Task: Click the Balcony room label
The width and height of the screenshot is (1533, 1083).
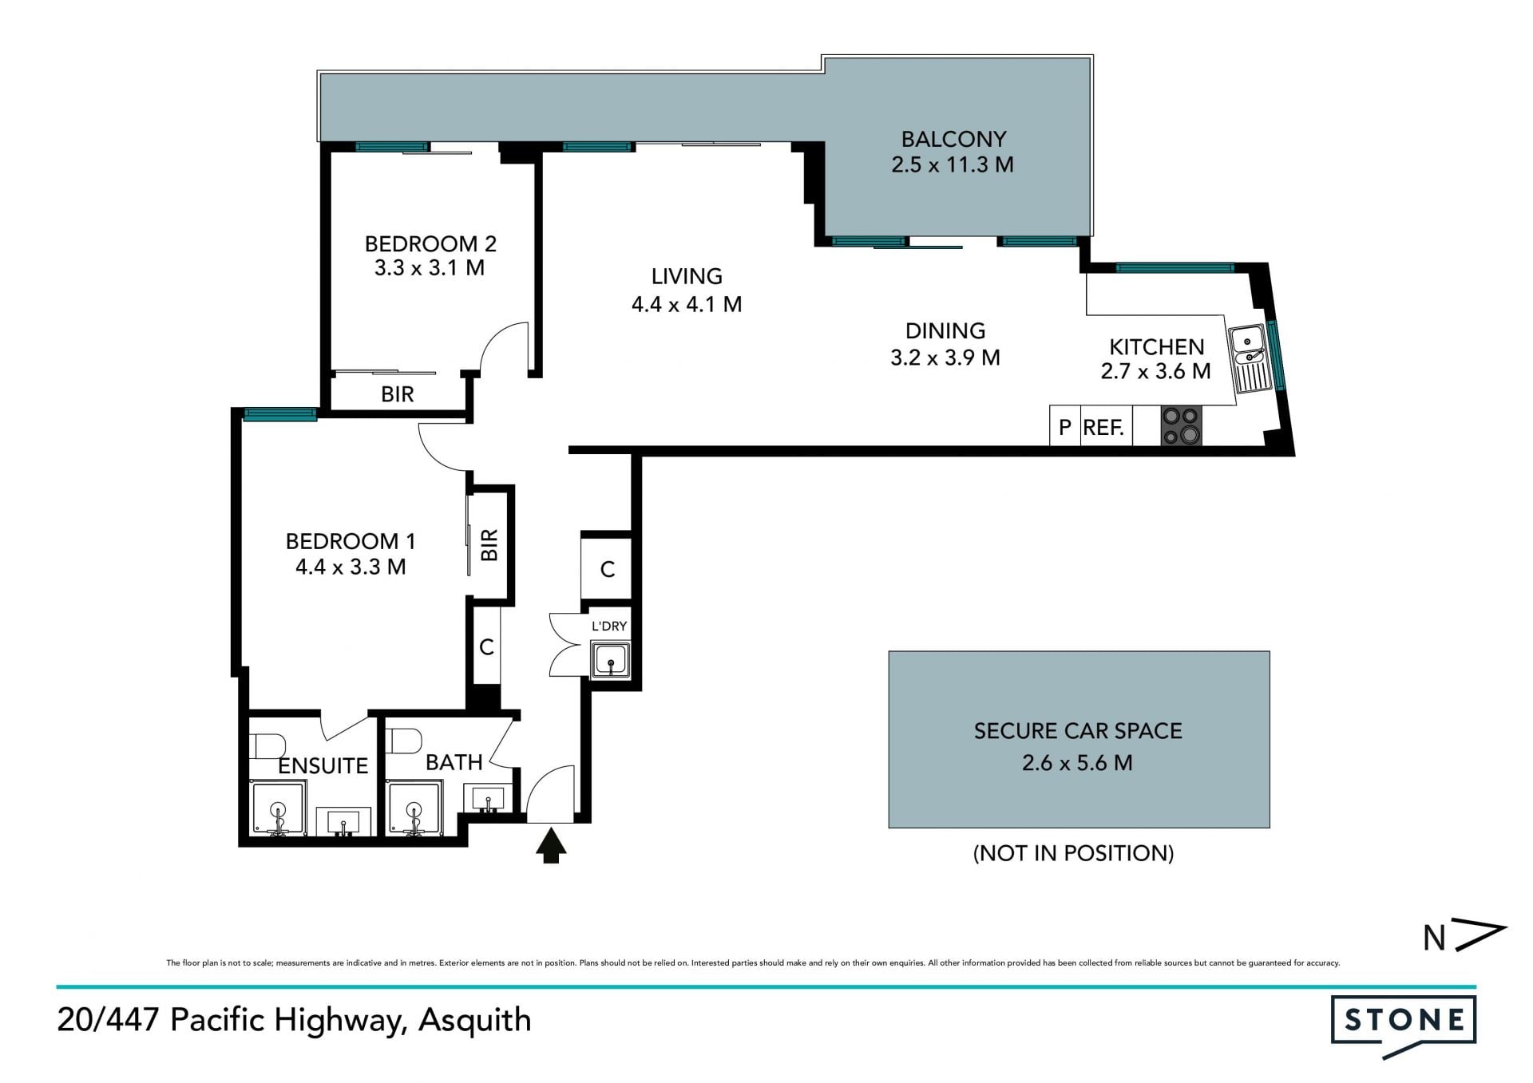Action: pyautogui.click(x=953, y=139)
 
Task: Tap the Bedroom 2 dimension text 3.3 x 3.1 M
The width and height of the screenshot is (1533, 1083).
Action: pyautogui.click(x=430, y=268)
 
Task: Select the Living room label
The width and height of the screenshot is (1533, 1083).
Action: pyautogui.click(x=687, y=276)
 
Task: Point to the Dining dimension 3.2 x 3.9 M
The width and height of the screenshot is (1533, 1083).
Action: pyautogui.click(x=945, y=358)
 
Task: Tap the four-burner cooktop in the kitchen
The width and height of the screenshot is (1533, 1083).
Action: pyautogui.click(x=1181, y=425)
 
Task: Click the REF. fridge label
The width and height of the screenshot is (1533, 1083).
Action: pyautogui.click(x=1103, y=428)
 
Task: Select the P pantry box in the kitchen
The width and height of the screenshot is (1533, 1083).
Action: pyautogui.click(x=1064, y=426)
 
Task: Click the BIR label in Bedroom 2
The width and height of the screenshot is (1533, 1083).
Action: pyautogui.click(x=398, y=394)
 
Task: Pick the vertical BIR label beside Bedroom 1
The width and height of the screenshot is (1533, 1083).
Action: pyautogui.click(x=489, y=545)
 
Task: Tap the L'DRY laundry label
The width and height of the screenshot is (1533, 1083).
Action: pyautogui.click(x=609, y=626)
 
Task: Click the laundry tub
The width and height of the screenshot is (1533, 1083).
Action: pyautogui.click(x=611, y=661)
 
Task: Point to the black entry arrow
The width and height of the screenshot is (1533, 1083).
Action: pyautogui.click(x=551, y=845)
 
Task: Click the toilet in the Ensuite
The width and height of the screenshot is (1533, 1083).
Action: pyautogui.click(x=267, y=745)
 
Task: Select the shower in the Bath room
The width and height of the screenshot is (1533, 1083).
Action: pyautogui.click(x=414, y=808)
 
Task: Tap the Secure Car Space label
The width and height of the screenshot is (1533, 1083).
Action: pyautogui.click(x=1078, y=731)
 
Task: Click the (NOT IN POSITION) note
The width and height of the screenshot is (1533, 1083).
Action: pyautogui.click(x=1074, y=853)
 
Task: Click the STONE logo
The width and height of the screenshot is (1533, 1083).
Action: pyautogui.click(x=1404, y=1026)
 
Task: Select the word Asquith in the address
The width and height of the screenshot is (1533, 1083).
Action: pyautogui.click(x=475, y=1021)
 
